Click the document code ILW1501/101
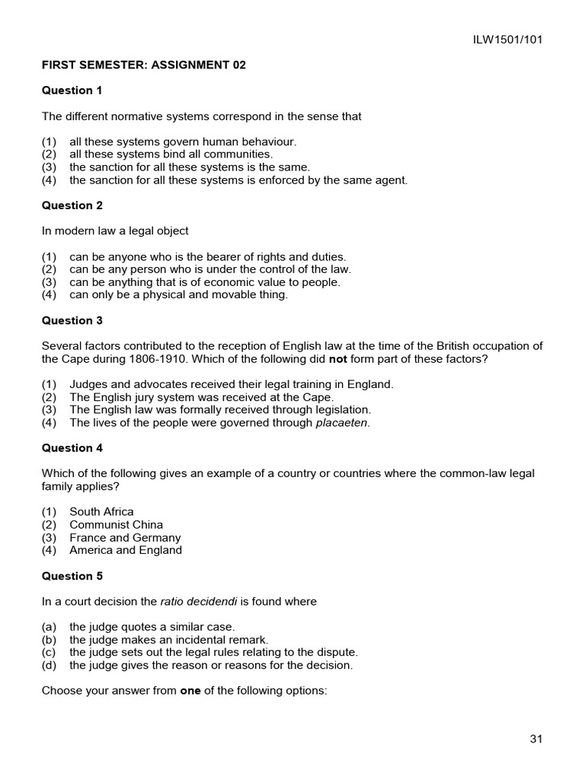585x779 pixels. tap(508, 40)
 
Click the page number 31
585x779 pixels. tap(535, 739)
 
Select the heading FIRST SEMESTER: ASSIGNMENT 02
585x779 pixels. tap(144, 65)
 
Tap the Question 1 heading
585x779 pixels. tap(72, 91)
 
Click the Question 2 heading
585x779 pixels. tap(72, 205)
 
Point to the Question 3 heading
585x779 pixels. tap(72, 320)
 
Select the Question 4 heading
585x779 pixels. tap(72, 448)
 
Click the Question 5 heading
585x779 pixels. tap(72, 576)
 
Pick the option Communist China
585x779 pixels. tap(116, 525)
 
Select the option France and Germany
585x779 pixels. tap(125, 538)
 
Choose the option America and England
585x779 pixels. tap(126, 550)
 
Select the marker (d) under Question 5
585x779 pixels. tap(50, 666)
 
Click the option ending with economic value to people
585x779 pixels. tap(204, 282)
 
